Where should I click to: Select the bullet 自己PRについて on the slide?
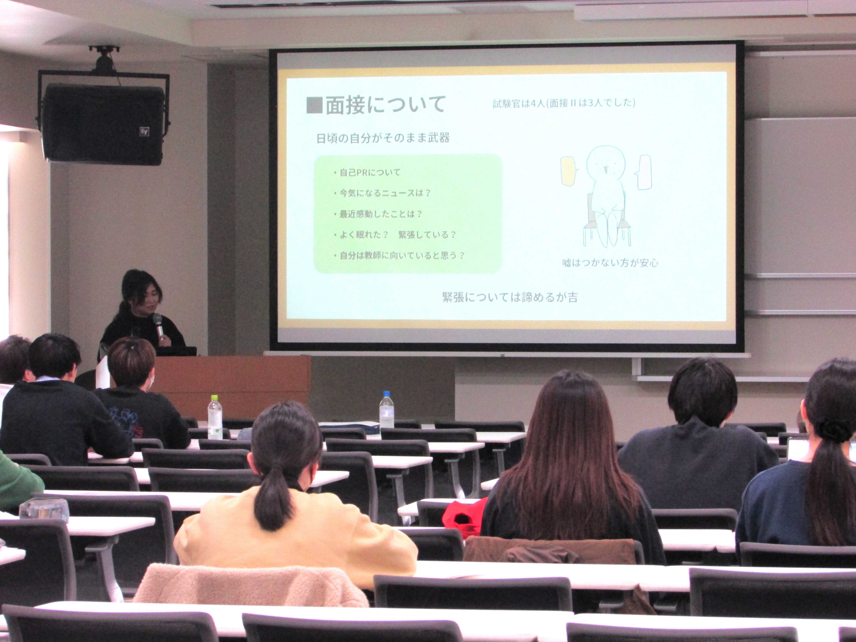tap(367, 172)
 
